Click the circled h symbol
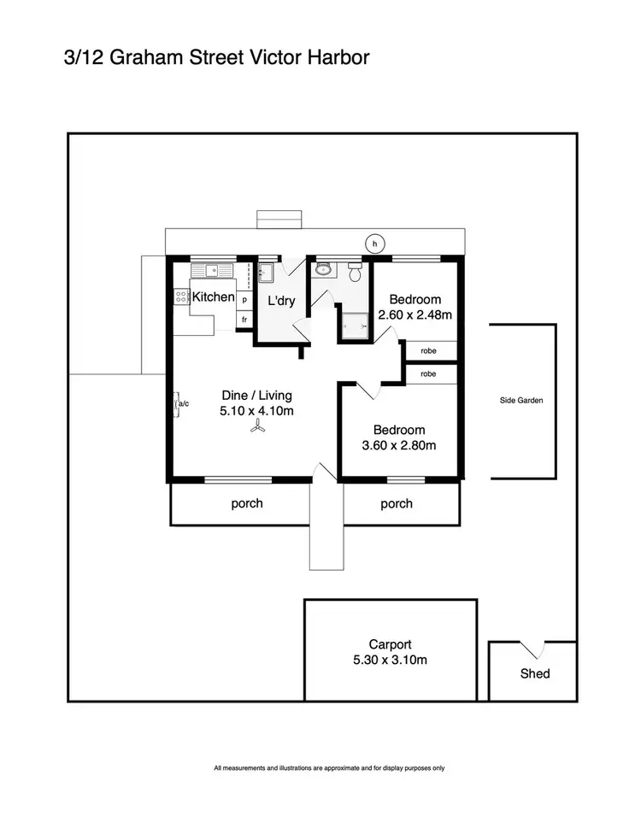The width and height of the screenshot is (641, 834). [374, 244]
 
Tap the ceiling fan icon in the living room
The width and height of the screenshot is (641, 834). [257, 429]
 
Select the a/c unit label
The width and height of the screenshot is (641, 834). [182, 402]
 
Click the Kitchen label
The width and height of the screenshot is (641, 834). [213, 297]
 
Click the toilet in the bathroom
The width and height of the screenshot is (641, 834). [356, 272]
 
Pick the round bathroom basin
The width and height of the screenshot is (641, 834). [323, 270]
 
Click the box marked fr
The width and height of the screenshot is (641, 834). [244, 320]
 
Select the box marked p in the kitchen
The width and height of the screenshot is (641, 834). [244, 301]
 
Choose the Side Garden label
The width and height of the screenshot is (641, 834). [521, 400]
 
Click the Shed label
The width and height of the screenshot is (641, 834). [535, 673]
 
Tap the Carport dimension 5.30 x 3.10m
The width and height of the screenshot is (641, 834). [391, 661]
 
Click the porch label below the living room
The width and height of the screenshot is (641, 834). [247, 503]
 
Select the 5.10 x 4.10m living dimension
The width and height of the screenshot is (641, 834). [256, 410]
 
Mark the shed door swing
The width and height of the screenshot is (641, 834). [534, 649]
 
